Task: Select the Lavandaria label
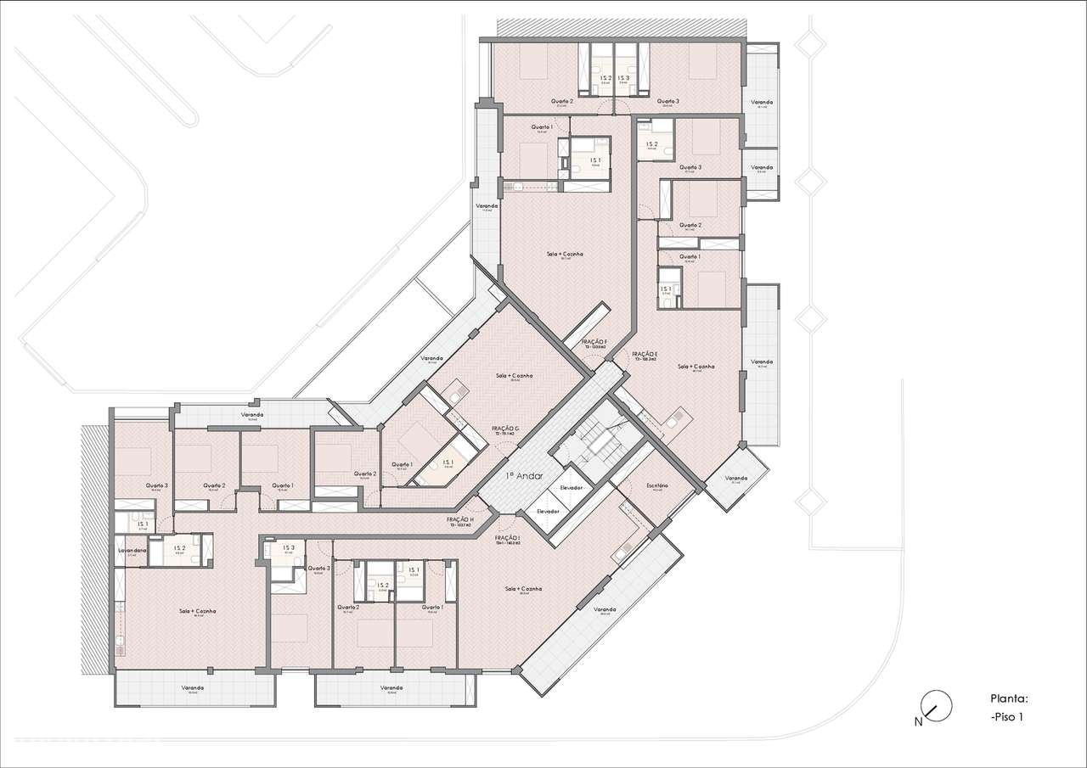click(x=132, y=551)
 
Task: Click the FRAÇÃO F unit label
click(x=594, y=341)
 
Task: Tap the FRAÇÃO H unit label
click(x=459, y=520)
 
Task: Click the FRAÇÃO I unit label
click(x=507, y=538)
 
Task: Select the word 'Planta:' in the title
click(x=1009, y=699)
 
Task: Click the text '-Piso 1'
click(x=1006, y=717)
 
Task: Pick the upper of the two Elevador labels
click(x=571, y=488)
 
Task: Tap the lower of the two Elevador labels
click(x=548, y=512)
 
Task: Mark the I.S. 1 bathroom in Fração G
click(x=448, y=462)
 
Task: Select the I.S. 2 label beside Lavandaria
click(x=180, y=548)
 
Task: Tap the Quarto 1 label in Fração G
click(x=402, y=464)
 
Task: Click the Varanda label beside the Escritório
click(x=736, y=478)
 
